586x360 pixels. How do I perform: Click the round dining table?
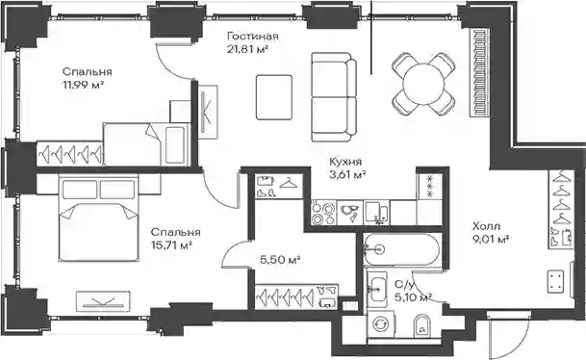423,84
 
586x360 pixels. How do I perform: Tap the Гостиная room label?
253,37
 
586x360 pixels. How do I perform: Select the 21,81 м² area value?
248,49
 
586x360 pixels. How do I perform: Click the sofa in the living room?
334,97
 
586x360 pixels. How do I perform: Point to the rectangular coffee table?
274,97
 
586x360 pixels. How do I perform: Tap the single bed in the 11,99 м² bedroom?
145,144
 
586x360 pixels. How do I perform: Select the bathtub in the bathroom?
402,249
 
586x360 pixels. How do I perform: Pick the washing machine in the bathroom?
382,323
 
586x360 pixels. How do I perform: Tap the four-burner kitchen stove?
323,213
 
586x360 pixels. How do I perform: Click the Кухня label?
345,162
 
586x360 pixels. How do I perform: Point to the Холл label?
486,226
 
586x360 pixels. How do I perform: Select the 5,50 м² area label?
280,259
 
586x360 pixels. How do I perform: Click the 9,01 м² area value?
491,240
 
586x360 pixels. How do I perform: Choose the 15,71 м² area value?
171,245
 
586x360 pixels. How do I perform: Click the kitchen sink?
377,213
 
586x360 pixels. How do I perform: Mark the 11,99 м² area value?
83,85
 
